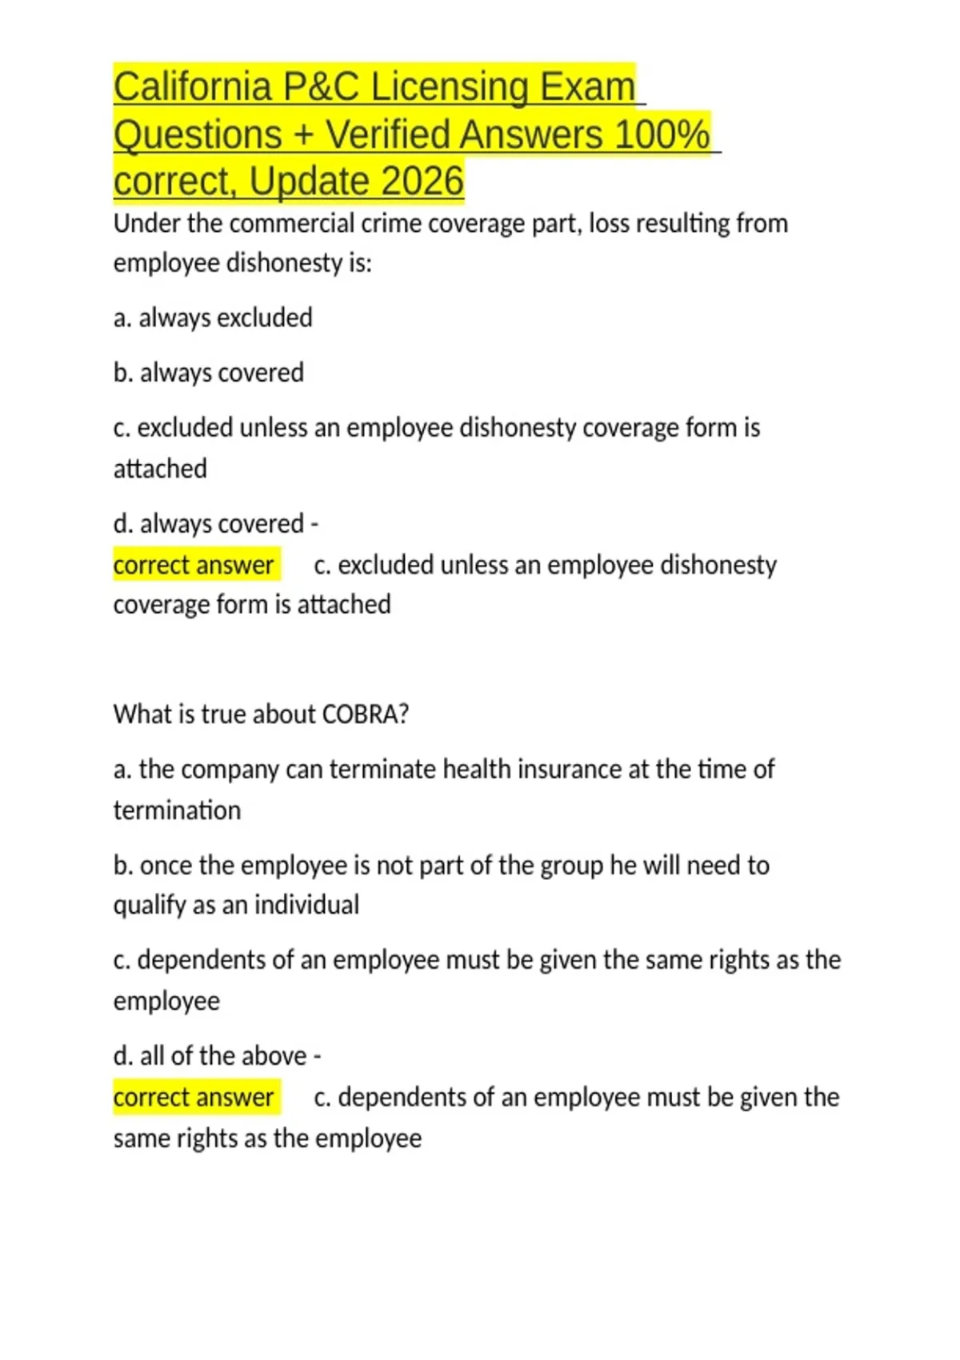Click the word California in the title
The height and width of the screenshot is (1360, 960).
(x=192, y=87)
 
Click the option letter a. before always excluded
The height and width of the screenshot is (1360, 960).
(x=122, y=318)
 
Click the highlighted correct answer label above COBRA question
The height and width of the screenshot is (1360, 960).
(x=194, y=566)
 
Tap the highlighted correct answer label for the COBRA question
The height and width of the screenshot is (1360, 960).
(x=194, y=1098)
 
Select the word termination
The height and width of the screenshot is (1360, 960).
(x=177, y=810)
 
